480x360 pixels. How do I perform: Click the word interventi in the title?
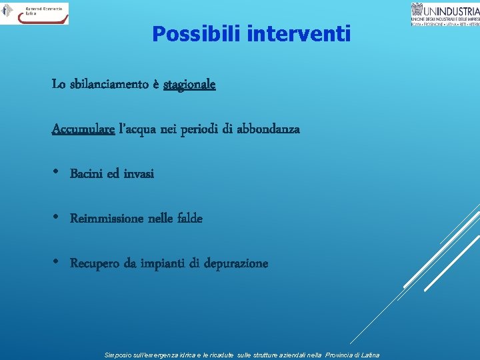coord(298,33)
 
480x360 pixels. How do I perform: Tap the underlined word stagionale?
coord(189,85)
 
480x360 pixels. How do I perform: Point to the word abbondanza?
coord(268,129)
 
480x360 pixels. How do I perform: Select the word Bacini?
coord(86,173)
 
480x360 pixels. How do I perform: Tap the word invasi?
coord(138,173)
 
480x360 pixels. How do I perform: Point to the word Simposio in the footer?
coord(119,355)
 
